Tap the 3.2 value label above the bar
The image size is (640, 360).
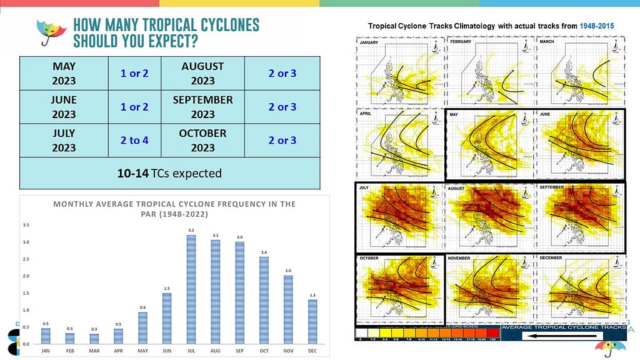pos(191,230)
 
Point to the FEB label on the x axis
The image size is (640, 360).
pos(70,351)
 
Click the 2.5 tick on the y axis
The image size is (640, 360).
pos(26,258)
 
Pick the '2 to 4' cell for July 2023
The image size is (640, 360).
pos(134,141)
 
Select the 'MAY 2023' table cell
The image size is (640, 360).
pos(64,73)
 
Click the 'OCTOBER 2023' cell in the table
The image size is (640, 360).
pos(202,141)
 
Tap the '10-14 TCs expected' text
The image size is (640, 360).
pos(169,173)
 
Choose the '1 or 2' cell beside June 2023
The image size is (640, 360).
pos(134,107)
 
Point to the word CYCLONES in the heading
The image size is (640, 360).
pos(225,26)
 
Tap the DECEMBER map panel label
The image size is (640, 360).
pos(552,257)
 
